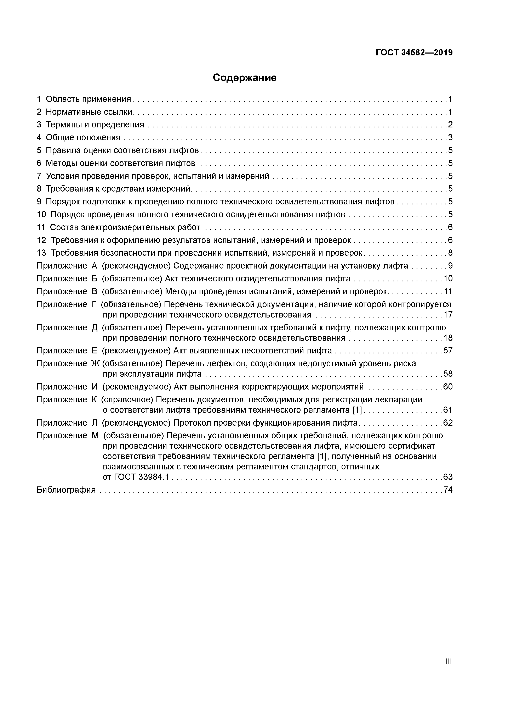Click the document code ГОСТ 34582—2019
[x=414, y=53]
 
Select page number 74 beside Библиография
[x=448, y=490]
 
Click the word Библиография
[x=66, y=490]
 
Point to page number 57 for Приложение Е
[x=448, y=351]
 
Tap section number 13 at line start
[x=41, y=253]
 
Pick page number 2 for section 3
[x=450, y=125]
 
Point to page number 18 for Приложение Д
[x=448, y=338]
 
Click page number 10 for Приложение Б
[x=448, y=279]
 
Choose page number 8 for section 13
[x=450, y=253]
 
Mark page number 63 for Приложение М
[x=448, y=477]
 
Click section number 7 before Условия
[x=39, y=176]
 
